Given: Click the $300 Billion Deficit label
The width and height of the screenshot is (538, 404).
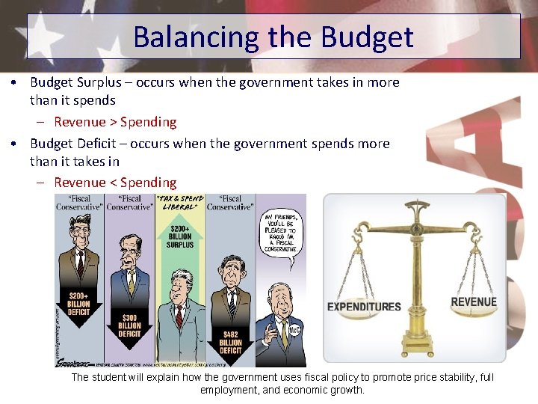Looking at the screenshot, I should click(x=129, y=325).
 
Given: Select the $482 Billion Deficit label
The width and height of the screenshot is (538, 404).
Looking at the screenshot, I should click(x=231, y=341).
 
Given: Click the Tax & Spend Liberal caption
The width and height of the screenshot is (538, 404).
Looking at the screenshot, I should click(x=179, y=203).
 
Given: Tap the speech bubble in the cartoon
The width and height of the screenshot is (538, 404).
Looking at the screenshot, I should click(x=281, y=233).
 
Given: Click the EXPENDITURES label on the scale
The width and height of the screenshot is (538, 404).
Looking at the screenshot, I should click(x=364, y=306).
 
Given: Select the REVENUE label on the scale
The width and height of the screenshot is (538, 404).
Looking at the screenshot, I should click(x=473, y=302).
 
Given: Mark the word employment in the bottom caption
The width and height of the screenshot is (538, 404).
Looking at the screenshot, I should click(x=229, y=390).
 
